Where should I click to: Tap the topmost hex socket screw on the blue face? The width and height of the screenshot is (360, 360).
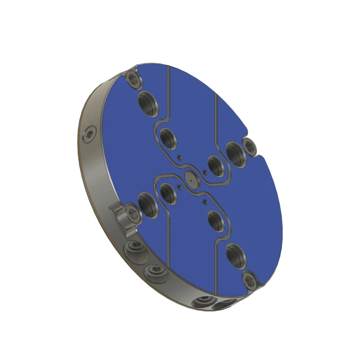tap(133, 78)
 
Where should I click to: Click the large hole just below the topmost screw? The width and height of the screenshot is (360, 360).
tap(147, 103)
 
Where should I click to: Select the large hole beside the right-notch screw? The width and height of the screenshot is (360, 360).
tap(235, 153)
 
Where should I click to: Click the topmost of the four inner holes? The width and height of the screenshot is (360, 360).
tap(167, 138)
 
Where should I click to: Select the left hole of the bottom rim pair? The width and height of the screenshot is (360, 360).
tap(203, 301)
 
